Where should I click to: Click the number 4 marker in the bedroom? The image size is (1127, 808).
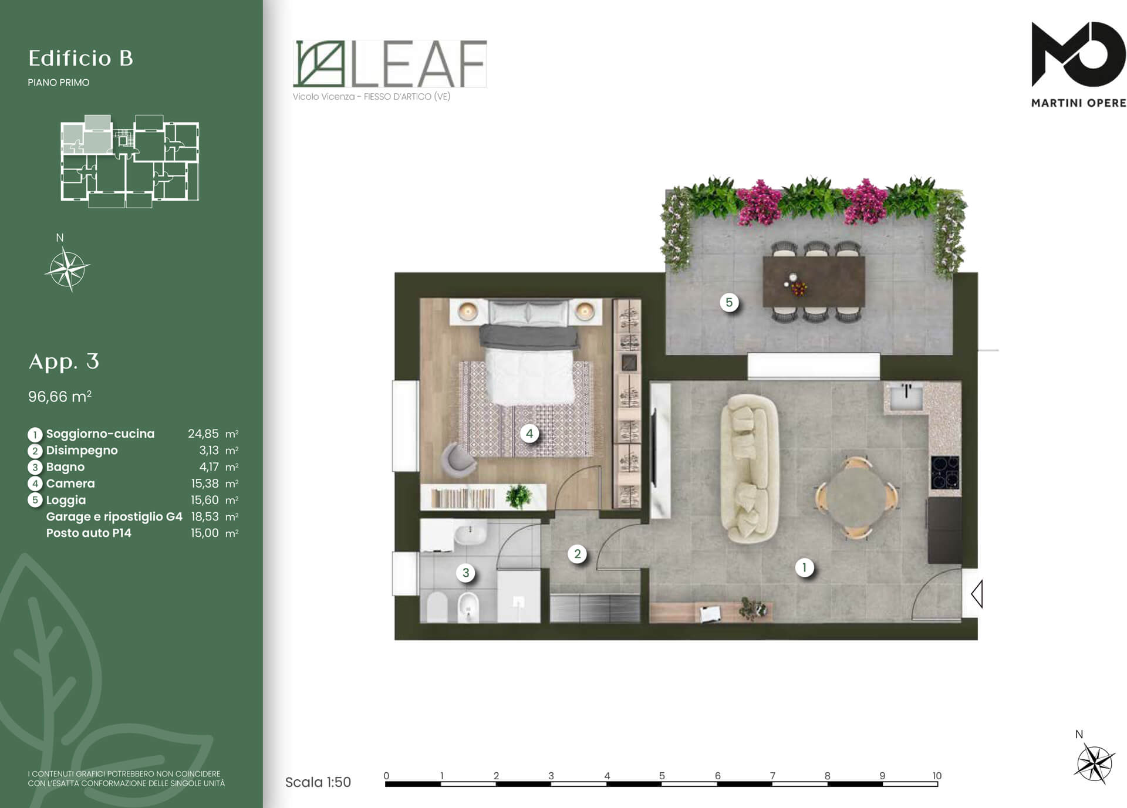529,434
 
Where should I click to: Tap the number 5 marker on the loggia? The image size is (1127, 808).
729,303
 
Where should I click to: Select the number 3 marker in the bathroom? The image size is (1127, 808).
465,573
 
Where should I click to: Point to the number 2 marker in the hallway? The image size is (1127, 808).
578,554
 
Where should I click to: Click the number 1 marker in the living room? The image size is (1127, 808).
804,567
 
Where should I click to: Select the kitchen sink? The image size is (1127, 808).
906,397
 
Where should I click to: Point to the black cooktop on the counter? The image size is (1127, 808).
945,473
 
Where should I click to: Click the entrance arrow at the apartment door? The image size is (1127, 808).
977,593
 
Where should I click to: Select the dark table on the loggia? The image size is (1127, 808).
814,281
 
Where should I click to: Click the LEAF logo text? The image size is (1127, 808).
419,63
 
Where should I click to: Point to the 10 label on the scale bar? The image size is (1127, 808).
937,776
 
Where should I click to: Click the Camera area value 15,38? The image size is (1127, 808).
204,484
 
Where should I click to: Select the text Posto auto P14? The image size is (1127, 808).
89,533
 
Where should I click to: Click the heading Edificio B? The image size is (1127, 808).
81,58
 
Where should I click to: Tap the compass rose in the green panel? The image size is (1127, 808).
68,269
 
